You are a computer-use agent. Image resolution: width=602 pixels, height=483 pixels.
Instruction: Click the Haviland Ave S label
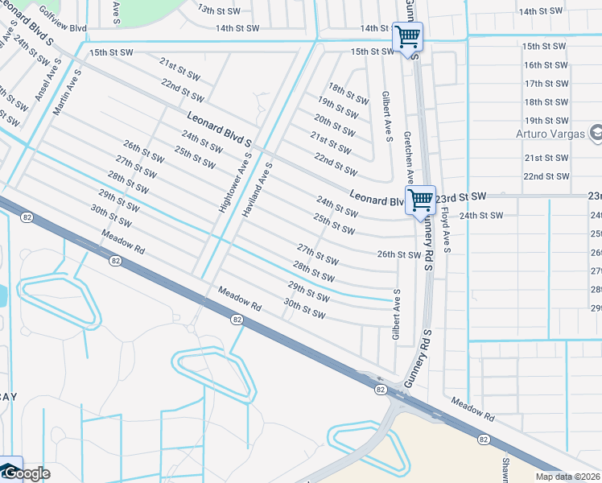tap(257, 190)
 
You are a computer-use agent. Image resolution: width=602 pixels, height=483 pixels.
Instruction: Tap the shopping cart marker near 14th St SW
tap(407, 35)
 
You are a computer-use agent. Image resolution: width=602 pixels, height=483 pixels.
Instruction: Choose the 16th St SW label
tap(546, 65)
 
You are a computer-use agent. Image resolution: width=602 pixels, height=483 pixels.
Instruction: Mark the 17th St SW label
tap(546, 84)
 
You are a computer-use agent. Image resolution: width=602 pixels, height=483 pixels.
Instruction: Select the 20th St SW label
tap(335, 125)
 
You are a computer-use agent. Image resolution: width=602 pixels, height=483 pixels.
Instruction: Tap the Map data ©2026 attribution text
tap(568, 477)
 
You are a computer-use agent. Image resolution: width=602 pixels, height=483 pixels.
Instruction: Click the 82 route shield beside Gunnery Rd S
tap(380, 389)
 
